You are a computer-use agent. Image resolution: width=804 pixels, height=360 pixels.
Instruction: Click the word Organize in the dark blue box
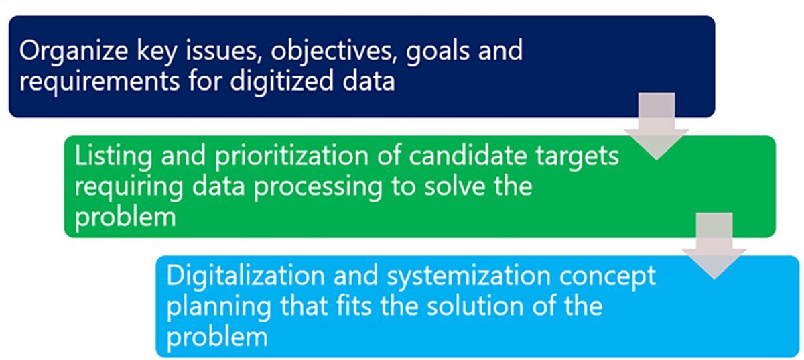pyautogui.click(x=74, y=52)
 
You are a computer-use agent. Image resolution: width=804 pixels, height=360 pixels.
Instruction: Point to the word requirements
pyautogui.click(x=99, y=82)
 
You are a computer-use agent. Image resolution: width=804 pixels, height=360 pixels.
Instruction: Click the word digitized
pyautogui.click(x=282, y=82)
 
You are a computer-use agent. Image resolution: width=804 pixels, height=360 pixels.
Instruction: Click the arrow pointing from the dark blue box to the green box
pyautogui.click(x=657, y=126)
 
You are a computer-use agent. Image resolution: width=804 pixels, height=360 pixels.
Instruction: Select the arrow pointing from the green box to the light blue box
pyautogui.click(x=714, y=246)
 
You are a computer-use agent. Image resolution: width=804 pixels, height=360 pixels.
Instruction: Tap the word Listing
pyautogui.click(x=113, y=157)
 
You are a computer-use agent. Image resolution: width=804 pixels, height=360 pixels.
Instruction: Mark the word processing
pyautogui.click(x=318, y=188)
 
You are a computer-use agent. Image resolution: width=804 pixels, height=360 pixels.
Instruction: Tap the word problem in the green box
pyautogui.click(x=125, y=217)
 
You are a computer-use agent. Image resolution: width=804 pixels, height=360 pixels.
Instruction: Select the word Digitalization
pyautogui.click(x=246, y=276)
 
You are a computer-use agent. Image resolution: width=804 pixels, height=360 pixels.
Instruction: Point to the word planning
pyautogui.click(x=219, y=308)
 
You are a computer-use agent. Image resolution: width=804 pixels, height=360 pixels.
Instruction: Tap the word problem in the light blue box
pyautogui.click(x=217, y=337)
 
